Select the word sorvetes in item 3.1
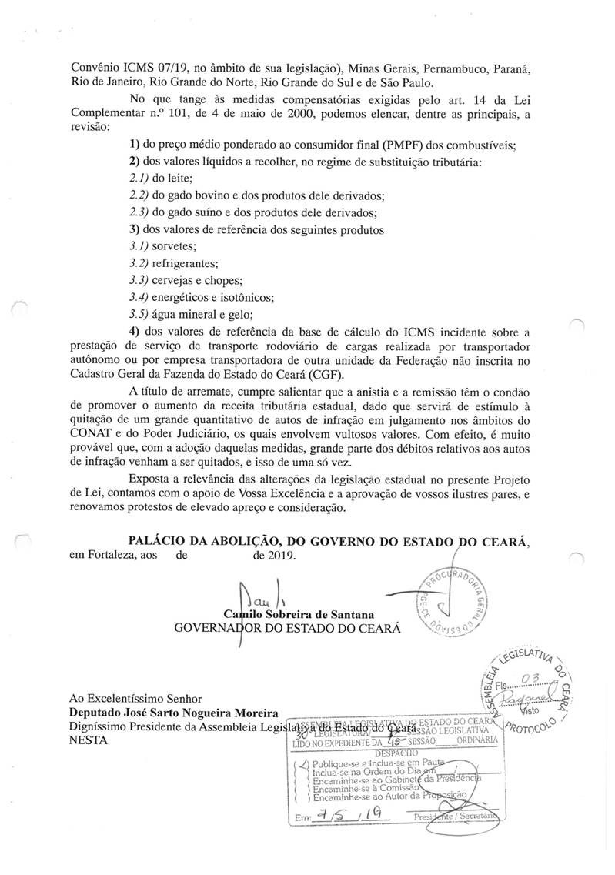coord(175,246)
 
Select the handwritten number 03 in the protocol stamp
coord(526,676)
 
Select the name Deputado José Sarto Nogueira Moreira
coord(173,713)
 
